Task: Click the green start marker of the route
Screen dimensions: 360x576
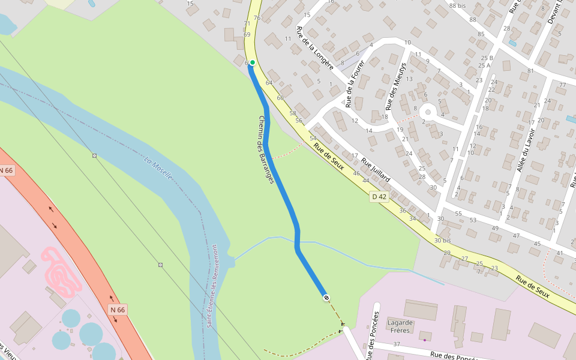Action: [x=253, y=62]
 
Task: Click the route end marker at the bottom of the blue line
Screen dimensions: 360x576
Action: [x=326, y=298]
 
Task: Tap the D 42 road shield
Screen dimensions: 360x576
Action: [x=379, y=197]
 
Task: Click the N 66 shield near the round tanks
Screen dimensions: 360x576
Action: [x=118, y=310]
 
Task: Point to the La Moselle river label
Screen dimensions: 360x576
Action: [x=158, y=168]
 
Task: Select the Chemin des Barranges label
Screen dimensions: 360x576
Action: [x=266, y=149]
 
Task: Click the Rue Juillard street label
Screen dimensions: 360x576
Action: [x=376, y=170]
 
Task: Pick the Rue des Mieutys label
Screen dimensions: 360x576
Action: [x=395, y=86]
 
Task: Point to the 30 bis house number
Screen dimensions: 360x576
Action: [x=442, y=241]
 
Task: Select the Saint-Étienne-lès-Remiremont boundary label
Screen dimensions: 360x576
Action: [x=218, y=286]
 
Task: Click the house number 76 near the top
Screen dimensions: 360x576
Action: [x=257, y=18]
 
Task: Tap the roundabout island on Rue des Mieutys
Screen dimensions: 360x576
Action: [x=427, y=112]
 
